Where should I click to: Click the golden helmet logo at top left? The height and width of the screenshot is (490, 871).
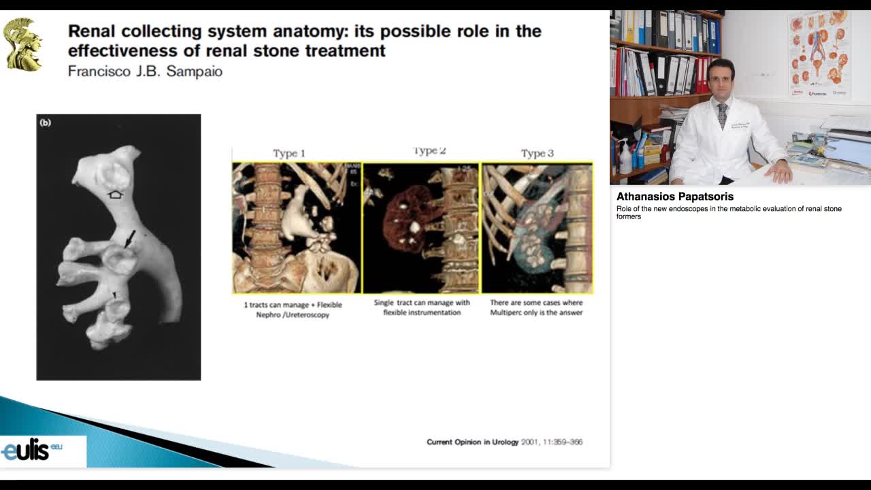click(x=22, y=44)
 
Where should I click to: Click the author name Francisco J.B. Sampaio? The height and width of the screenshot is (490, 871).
click(x=145, y=71)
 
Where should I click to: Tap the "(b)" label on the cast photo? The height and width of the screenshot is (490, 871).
click(x=46, y=122)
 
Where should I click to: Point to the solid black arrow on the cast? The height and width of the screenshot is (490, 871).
click(x=129, y=238)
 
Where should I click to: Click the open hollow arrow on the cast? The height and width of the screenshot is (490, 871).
click(x=116, y=195)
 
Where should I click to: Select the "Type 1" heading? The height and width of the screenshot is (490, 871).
click(x=289, y=153)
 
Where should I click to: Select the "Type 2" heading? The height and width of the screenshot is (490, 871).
click(x=429, y=151)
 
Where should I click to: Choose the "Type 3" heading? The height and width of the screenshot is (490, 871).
click(x=537, y=153)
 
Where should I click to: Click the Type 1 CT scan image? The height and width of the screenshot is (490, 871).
click(x=297, y=228)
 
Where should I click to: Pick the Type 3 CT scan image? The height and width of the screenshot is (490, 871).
click(x=537, y=228)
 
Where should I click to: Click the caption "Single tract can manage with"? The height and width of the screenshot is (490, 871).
click(x=422, y=303)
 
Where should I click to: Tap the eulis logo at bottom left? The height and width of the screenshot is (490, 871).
click(x=31, y=451)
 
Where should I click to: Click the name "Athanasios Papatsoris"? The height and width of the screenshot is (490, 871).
click(x=675, y=197)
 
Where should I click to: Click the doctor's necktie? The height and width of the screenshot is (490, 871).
click(x=722, y=116)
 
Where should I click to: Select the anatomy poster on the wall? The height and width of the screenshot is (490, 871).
click(x=819, y=54)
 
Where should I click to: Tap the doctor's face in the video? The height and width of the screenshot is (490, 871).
click(x=721, y=80)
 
